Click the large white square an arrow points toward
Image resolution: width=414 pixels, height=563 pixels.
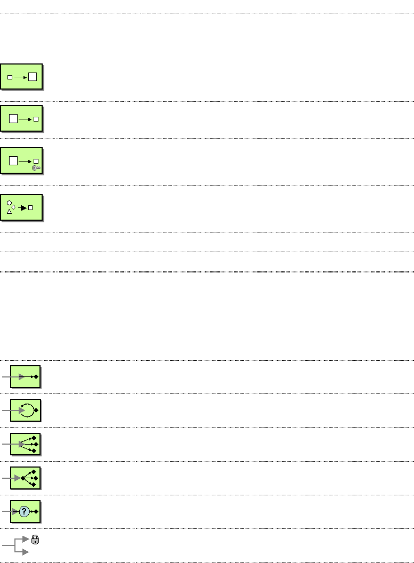click(33, 77)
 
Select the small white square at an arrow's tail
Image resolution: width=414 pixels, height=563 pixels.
click(10, 77)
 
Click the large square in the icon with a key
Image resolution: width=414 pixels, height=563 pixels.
click(13, 160)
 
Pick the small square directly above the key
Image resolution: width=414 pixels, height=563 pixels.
click(36, 161)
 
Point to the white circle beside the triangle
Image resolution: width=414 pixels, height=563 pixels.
click(9, 203)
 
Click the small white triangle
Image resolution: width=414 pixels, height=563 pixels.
click(9, 212)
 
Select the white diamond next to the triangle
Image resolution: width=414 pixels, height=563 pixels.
click(14, 207)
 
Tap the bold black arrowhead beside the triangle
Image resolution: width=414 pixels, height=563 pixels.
click(23, 207)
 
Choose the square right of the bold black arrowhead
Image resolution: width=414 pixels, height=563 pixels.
click(31, 207)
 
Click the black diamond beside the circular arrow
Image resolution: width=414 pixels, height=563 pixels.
click(36, 411)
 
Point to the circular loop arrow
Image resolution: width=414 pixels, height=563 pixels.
click(26, 411)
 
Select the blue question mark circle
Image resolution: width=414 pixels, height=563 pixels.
click(24, 511)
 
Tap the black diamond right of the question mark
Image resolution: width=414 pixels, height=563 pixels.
click(36, 511)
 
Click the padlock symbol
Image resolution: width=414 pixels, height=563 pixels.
click(35, 540)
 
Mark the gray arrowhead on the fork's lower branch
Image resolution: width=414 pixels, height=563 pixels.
click(25, 553)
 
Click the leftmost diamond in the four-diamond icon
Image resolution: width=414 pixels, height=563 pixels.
click(23, 478)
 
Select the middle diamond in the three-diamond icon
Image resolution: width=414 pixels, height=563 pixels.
click(35, 444)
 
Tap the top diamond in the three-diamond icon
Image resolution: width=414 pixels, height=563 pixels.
click(33, 437)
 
